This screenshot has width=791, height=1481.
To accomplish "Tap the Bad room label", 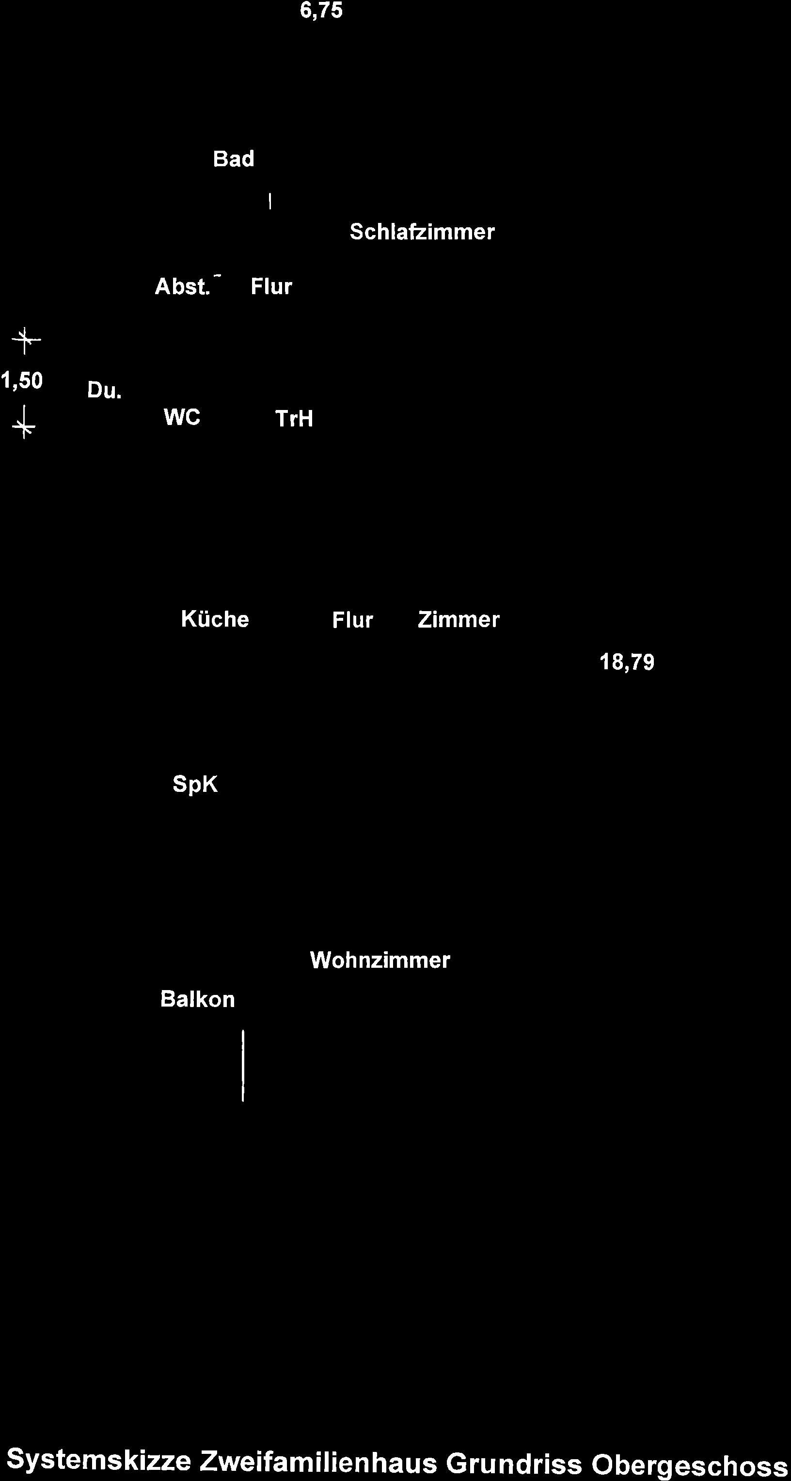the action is pos(234,158).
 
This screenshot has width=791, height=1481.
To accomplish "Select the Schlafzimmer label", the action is pos(422,232).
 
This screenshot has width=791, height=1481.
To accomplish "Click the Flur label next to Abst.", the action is pos(271,286).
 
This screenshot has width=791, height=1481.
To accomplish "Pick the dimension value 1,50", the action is pos(22,380).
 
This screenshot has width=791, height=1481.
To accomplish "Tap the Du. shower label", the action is pos(105,391).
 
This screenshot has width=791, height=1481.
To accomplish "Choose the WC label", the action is pos(182,417).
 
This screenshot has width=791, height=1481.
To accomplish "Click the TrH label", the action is pos(294,419).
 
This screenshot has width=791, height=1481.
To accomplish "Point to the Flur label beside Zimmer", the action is pos(352,620).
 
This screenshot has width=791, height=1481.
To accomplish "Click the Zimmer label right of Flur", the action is pos(458,620).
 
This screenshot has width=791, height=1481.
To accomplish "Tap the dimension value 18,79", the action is pos(627,663).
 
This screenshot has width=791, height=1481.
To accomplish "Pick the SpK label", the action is pos(195,784).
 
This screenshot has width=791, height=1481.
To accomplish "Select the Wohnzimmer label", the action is pos(380,960).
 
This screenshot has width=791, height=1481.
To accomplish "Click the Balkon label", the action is pos(198,999).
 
